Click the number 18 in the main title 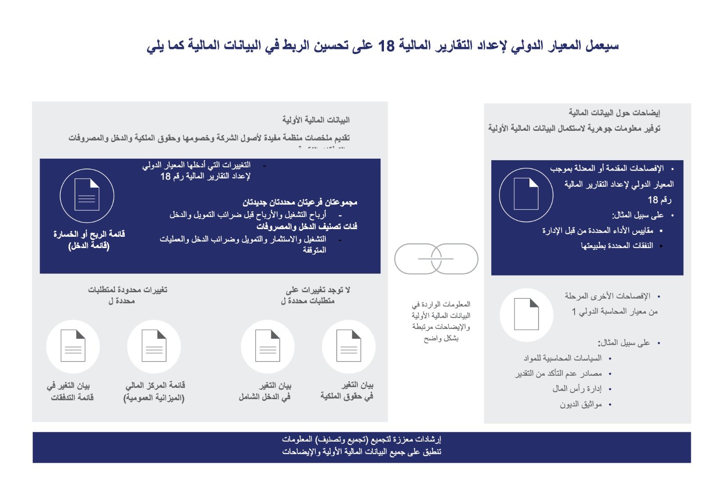click(x=386, y=46)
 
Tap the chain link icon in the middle click(x=436, y=259)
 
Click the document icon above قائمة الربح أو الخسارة click(x=87, y=196)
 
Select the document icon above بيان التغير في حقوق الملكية click(x=349, y=346)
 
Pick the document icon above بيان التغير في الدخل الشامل click(x=268, y=346)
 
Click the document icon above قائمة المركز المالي click(x=154, y=346)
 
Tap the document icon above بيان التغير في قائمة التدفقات click(x=73, y=346)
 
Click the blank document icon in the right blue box click(x=526, y=195)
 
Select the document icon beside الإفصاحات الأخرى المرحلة click(x=526, y=315)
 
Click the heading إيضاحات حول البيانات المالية click(x=614, y=112)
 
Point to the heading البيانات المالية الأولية click(x=316, y=120)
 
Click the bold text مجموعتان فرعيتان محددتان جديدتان click(x=300, y=202)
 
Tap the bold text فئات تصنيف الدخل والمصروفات click(x=307, y=226)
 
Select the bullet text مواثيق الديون click(x=581, y=405)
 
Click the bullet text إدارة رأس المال click(x=577, y=389)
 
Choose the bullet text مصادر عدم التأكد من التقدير click(x=559, y=373)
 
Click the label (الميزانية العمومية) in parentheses click(x=154, y=398)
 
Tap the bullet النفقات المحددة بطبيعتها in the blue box click(x=617, y=246)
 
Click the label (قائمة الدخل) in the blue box click(x=89, y=246)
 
